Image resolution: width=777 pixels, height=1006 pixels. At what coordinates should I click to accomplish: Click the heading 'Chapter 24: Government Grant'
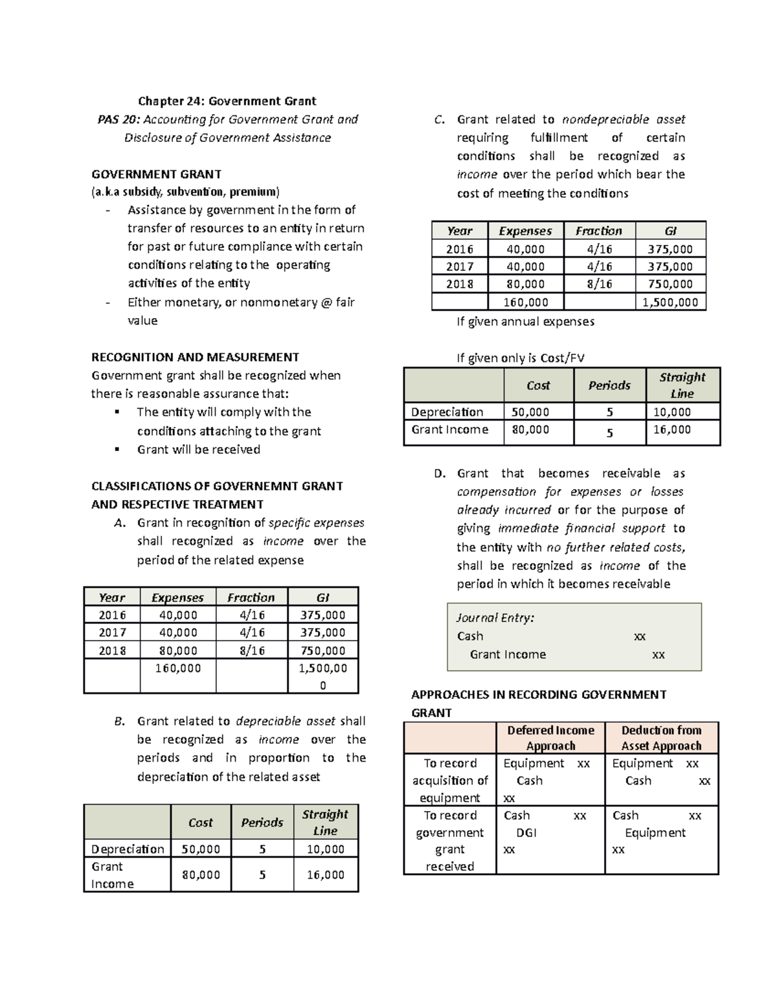coord(227,101)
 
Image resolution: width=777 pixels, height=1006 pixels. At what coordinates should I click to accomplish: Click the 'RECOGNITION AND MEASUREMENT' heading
coord(195,357)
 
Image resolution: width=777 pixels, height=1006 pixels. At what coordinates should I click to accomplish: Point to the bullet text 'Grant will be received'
coord(198,450)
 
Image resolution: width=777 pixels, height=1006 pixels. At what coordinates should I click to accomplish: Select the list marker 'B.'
coord(118,721)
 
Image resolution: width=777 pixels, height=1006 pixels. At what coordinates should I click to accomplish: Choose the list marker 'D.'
coord(440,474)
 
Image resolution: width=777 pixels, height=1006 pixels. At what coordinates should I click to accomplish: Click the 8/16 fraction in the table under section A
coord(251,650)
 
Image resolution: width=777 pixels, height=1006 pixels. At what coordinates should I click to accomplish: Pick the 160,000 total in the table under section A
coord(177,668)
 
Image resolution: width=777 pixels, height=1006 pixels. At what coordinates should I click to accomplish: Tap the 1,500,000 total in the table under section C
coord(670,302)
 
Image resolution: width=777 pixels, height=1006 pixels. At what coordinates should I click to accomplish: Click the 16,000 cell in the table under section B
coord(325,875)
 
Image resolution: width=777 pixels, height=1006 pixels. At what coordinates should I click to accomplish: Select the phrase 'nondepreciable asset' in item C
coord(623,119)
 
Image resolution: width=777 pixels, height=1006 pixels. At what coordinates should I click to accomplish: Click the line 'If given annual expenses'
coord(525,321)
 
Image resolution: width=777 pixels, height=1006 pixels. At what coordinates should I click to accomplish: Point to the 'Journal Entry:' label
coord(495,618)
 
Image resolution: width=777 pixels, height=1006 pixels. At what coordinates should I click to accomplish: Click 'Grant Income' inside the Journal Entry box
coord(508,654)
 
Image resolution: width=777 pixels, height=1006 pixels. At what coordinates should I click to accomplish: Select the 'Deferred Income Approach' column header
coord(550,738)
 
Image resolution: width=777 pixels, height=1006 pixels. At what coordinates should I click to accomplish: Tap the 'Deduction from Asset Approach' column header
coord(661,738)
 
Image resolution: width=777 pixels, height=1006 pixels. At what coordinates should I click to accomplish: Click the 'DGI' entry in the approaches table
coord(526,832)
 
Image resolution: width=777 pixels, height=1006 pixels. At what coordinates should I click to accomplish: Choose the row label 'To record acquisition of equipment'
coord(450,781)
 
